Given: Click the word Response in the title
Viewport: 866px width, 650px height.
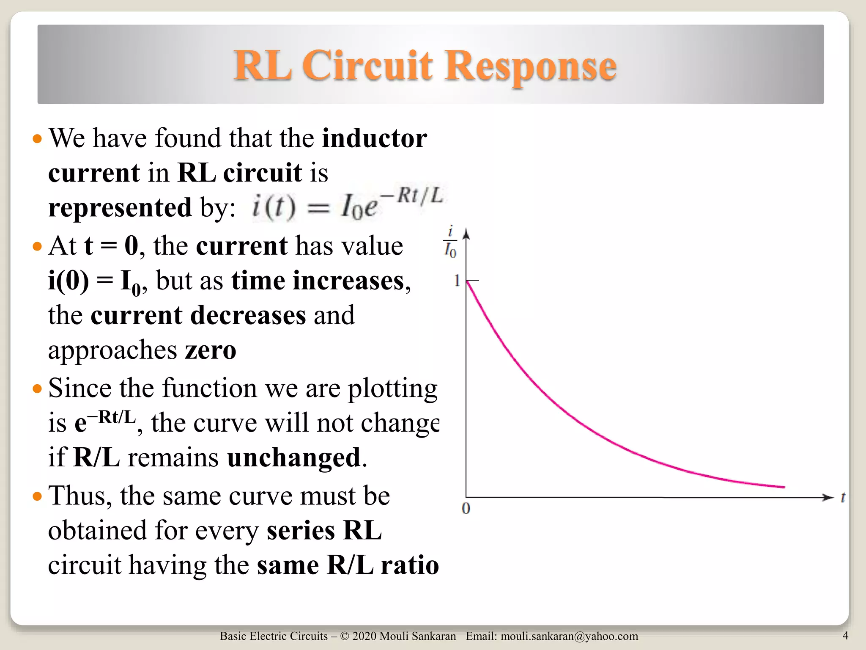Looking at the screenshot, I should (x=530, y=66).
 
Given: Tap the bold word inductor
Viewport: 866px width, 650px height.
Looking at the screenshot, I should (x=374, y=138).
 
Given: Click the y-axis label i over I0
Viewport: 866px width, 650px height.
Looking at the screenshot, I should (x=450, y=243).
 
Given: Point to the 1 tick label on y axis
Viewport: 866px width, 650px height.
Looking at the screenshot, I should (x=457, y=281).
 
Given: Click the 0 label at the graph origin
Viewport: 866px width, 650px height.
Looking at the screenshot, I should (x=466, y=509).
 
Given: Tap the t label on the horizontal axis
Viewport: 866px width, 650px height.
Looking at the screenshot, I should (x=843, y=498).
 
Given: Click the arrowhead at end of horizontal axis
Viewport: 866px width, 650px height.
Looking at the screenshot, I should (x=827, y=497).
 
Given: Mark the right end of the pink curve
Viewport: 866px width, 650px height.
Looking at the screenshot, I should (x=784, y=487).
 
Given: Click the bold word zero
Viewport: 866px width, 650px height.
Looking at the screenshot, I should (x=210, y=350).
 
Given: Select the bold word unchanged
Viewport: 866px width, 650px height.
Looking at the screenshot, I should (x=294, y=458).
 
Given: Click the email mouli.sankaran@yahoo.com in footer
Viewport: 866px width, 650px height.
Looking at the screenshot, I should (x=569, y=636).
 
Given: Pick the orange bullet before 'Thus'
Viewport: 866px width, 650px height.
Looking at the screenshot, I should (x=38, y=496).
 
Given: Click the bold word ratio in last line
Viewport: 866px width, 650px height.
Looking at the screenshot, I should (x=410, y=565).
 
